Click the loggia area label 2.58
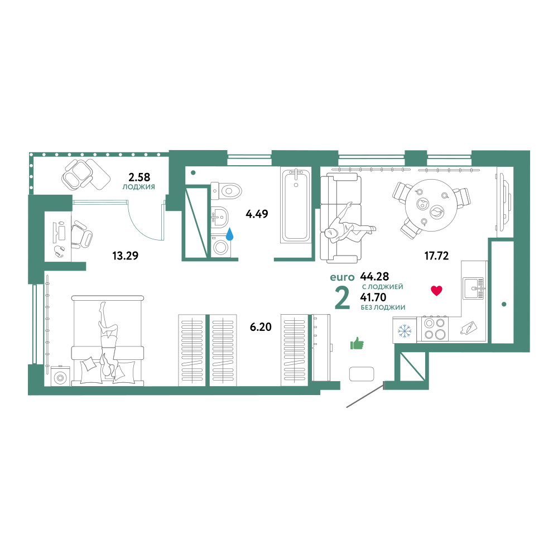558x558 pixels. [139, 177]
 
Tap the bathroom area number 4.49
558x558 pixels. [257, 214]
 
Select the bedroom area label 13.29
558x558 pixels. [125, 256]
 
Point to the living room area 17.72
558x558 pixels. [436, 256]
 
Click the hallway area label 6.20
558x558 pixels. [261, 326]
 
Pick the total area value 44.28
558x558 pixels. [374, 276]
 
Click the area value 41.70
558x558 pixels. [373, 297]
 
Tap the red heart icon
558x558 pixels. [436, 290]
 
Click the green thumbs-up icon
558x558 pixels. [357, 343]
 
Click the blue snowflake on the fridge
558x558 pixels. [404, 331]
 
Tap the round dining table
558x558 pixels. [431, 205]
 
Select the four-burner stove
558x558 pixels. [435, 328]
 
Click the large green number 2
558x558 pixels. [343, 298]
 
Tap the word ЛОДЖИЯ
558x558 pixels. [139, 187]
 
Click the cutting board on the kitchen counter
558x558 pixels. [468, 328]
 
